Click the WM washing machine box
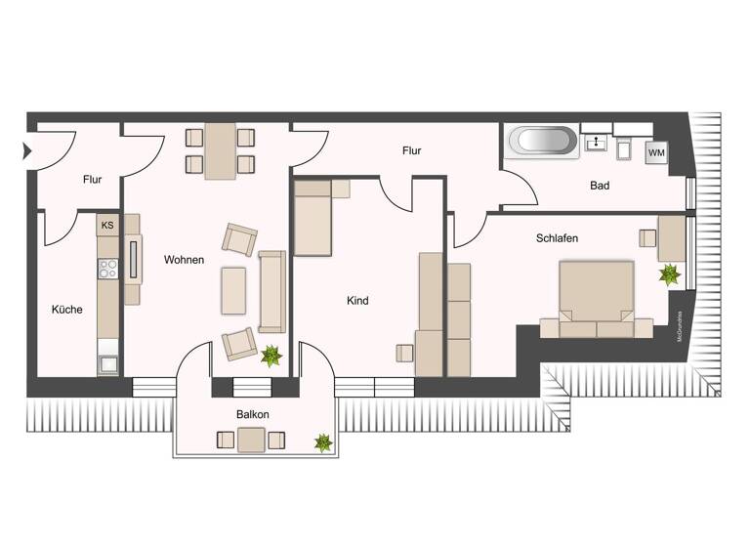[x=656, y=153]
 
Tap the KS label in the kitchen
[x=107, y=226]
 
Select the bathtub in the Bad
[x=542, y=141]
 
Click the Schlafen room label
[x=557, y=238]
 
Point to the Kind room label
[x=357, y=301]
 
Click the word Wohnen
[x=184, y=260]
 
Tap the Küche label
[x=66, y=310]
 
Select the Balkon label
[x=252, y=414]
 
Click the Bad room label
[x=600, y=186]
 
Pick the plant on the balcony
[x=323, y=443]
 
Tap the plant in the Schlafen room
[x=670, y=275]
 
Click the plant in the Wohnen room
[x=271, y=356]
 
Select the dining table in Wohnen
[x=220, y=150]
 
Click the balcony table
[x=251, y=441]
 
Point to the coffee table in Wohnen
[x=233, y=290]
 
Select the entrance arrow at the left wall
[x=26, y=151]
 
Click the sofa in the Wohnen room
[x=271, y=291]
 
